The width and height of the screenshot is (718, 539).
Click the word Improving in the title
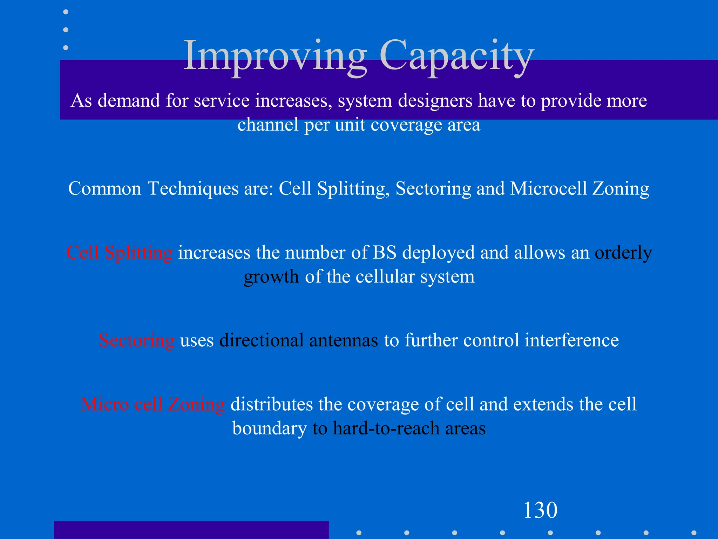275,56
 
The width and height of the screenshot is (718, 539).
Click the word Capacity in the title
456,56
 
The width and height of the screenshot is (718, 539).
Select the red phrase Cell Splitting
119,253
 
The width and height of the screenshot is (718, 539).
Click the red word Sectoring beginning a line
136,340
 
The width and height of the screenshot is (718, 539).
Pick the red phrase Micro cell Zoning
153,404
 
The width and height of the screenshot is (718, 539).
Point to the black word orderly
623,253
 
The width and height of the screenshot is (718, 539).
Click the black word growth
271,277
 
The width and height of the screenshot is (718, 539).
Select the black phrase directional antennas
299,340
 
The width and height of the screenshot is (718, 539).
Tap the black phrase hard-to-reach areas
409,428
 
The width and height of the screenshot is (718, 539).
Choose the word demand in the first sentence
129,101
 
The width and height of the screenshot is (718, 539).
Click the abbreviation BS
384,253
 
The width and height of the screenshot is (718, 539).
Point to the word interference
571,340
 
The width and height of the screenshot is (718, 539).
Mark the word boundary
269,428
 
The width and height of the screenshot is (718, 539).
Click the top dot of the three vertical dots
66,12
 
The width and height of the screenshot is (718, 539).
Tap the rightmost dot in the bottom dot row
693,533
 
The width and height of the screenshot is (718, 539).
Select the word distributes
271,404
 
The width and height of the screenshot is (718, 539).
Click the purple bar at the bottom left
191,530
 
